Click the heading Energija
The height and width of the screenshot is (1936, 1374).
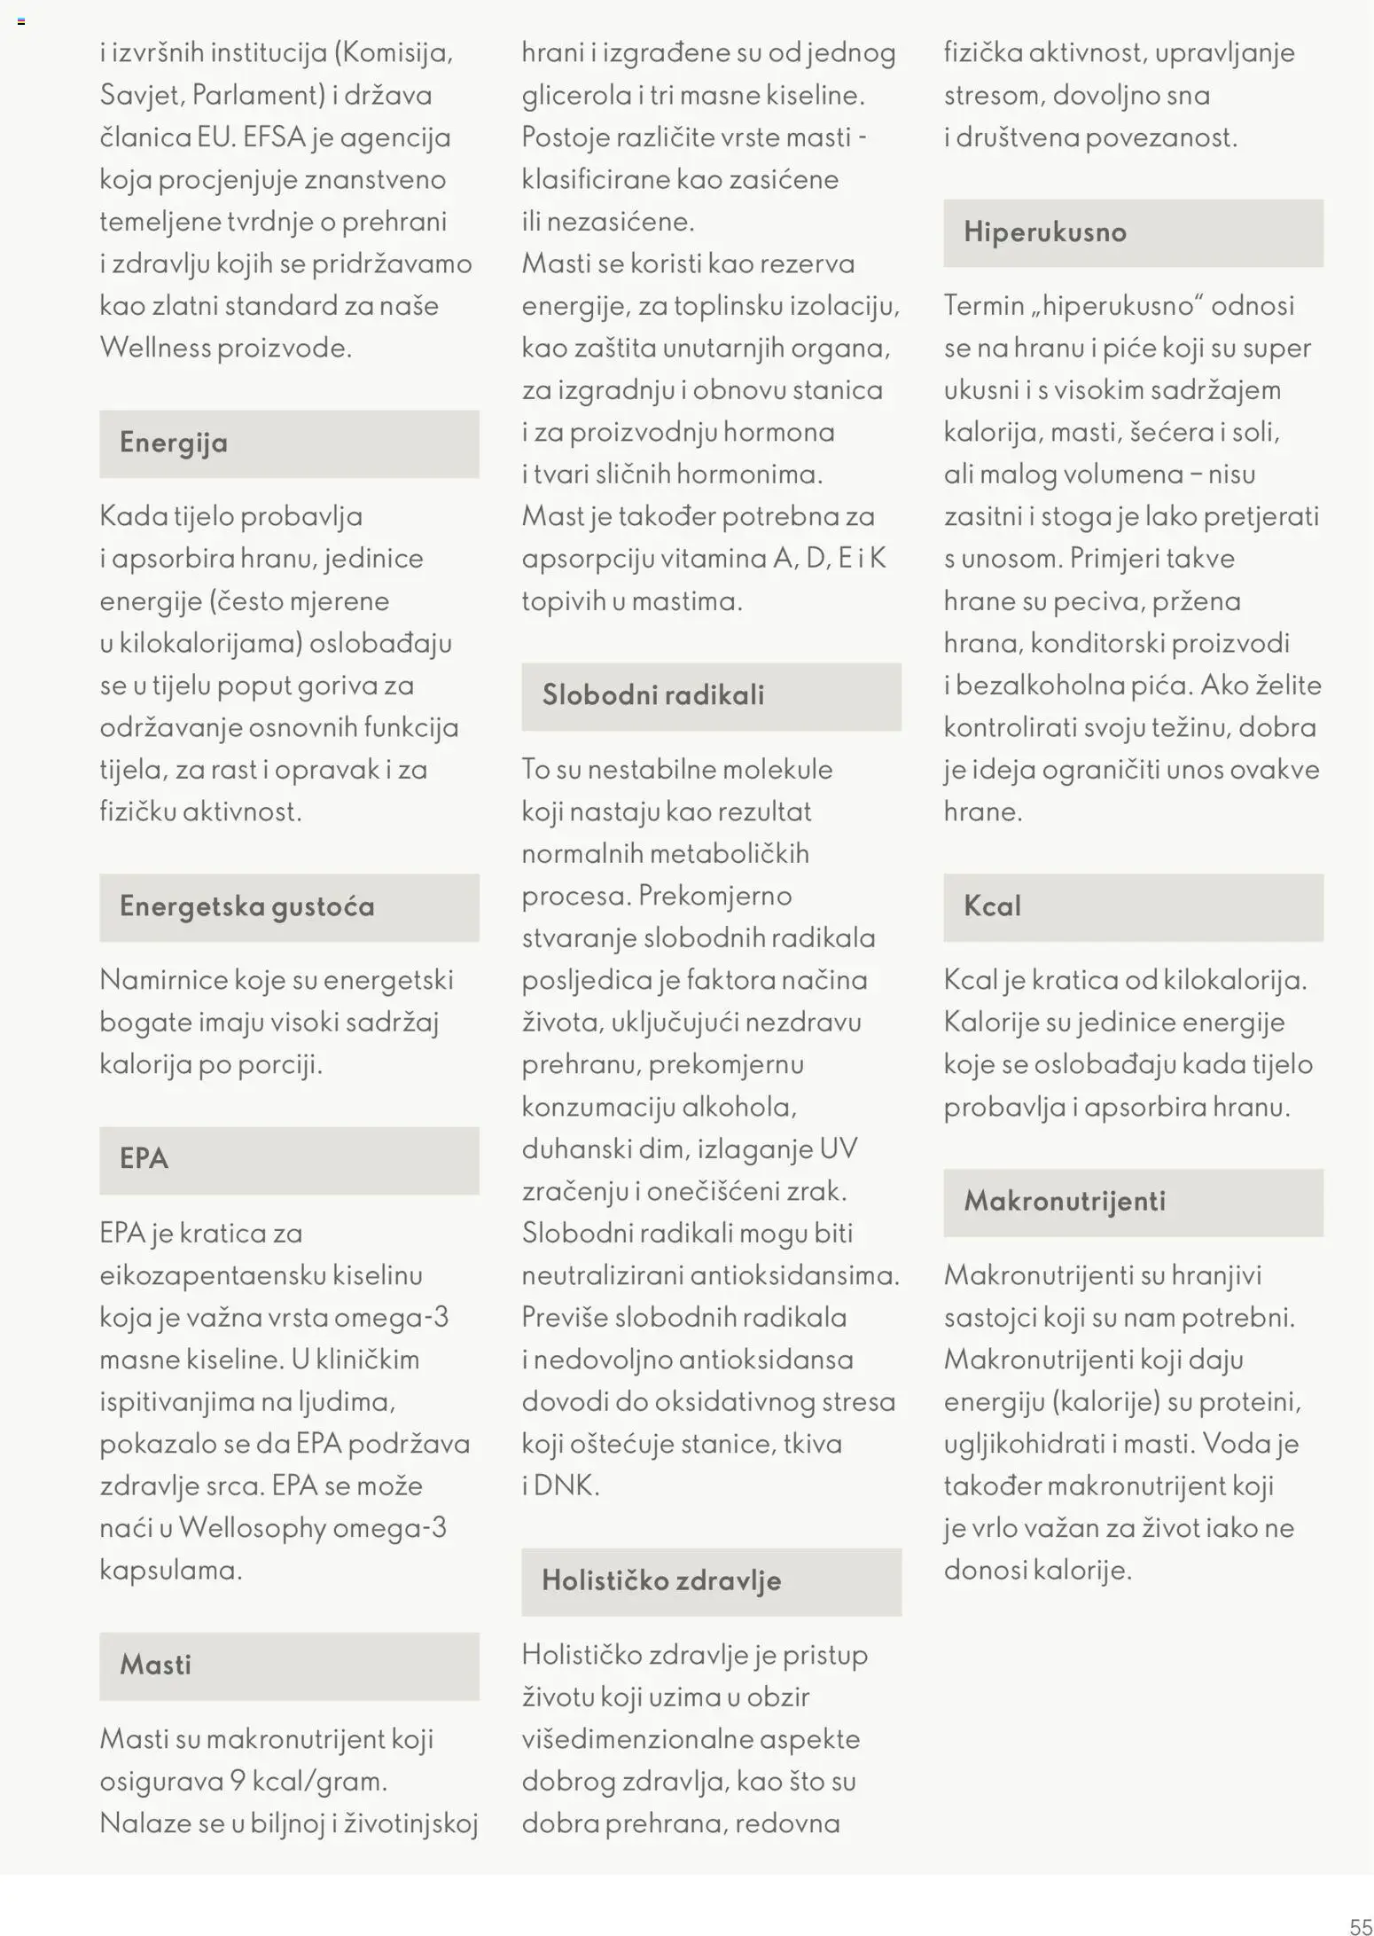coord(174,443)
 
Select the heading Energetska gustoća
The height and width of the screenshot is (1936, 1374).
coord(247,906)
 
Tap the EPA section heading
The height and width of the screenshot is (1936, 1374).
coord(144,1159)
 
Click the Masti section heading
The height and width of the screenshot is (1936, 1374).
coord(155,1665)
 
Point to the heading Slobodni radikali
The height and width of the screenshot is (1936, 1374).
coord(653,694)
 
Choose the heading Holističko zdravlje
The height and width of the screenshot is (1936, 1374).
coord(661,1580)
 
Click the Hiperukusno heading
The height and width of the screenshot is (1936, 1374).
coord(1045,232)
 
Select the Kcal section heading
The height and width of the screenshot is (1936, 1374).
coord(992,906)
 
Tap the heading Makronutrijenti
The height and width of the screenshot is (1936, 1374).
coord(1065,1201)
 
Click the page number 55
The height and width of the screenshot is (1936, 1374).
coord(1360,1925)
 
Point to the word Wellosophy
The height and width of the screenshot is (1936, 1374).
coord(253,1528)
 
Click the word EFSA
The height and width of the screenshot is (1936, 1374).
coord(274,137)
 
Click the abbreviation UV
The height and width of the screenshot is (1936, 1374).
coord(838,1149)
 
